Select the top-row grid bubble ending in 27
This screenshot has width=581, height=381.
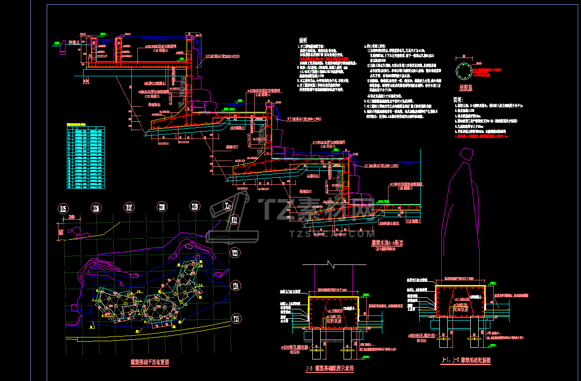pos(129,207)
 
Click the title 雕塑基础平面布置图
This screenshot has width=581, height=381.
pos(150,362)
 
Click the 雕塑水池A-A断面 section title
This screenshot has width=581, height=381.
pos(387,243)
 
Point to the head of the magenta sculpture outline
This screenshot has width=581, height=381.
pos(466,156)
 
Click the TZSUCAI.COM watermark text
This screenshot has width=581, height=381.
pos(332,234)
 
